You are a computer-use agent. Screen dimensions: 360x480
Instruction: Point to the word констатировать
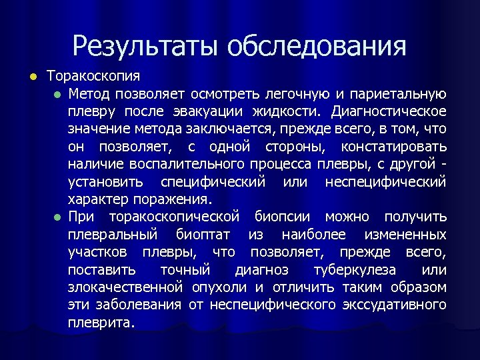click(x=402, y=146)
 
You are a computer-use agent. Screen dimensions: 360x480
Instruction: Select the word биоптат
click(x=205, y=235)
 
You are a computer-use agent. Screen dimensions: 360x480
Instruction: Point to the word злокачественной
click(x=125, y=288)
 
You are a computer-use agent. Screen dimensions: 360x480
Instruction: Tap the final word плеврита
click(x=101, y=323)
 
